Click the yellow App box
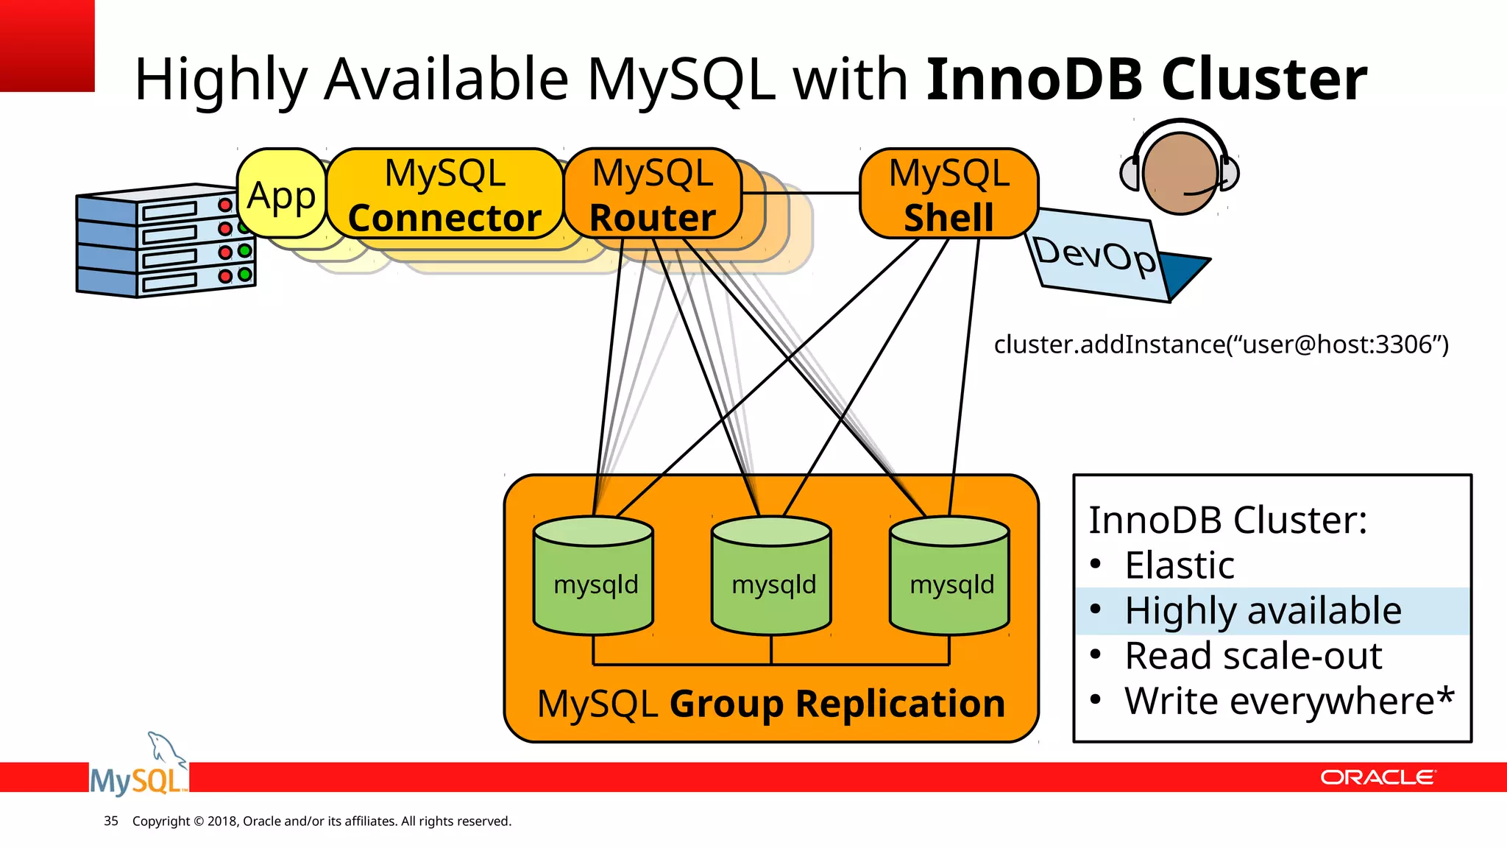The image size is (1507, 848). pyautogui.click(x=281, y=194)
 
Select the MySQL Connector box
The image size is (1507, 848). pyautogui.click(x=444, y=194)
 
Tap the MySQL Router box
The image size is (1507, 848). pyautogui.click(x=653, y=194)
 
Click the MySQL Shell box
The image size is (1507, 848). pyautogui.click(x=948, y=194)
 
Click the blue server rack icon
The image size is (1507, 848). pyautogui.click(x=165, y=241)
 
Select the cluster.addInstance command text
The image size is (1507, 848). pyautogui.click(x=1221, y=344)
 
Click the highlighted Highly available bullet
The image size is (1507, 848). pyautogui.click(x=1263, y=611)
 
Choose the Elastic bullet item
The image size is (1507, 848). pyautogui.click(x=1180, y=565)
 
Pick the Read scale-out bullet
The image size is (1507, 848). pyautogui.click(x=1253, y=656)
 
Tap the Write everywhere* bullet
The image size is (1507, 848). pyautogui.click(x=1289, y=701)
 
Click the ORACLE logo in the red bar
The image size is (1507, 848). pyautogui.click(x=1377, y=777)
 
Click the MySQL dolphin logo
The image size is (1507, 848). pyautogui.click(x=138, y=769)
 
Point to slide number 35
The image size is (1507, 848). pyautogui.click(x=111, y=821)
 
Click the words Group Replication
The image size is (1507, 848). pyautogui.click(x=837, y=704)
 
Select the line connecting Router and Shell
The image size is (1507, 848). pyautogui.click(x=801, y=193)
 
